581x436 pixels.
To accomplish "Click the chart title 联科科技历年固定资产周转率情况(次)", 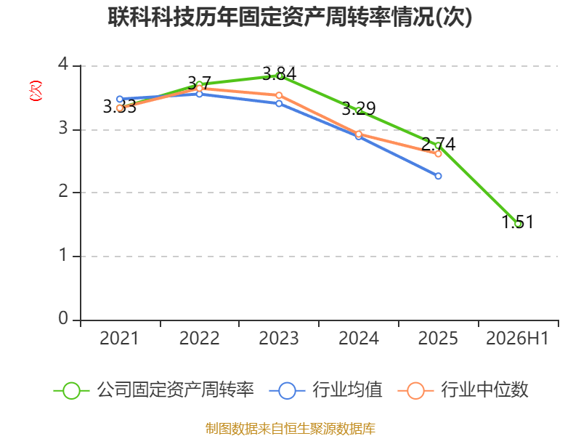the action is point(290,17).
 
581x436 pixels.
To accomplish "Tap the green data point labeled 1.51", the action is point(519,224).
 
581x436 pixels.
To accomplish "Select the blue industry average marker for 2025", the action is point(439,176).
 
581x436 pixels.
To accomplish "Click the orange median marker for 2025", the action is point(439,153).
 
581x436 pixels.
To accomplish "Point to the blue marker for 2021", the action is point(120,99).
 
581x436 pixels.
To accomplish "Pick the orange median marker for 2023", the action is point(279,95).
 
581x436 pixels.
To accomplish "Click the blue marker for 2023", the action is point(279,103).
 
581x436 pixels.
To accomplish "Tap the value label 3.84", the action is point(280,73).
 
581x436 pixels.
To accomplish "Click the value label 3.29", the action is point(359,108).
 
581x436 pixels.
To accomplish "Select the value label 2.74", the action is point(439,144).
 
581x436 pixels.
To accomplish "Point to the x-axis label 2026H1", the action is point(517,338).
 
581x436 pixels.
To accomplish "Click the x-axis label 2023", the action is point(279,338).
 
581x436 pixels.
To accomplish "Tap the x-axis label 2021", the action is point(119,338).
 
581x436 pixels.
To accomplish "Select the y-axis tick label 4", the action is point(63,65).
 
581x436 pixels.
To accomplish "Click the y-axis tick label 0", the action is point(63,318).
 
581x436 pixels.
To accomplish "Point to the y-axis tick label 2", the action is point(63,191).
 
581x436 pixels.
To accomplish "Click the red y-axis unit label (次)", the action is point(36,91).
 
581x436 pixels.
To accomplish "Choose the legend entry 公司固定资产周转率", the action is point(154,390).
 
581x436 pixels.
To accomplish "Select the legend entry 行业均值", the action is point(325,390).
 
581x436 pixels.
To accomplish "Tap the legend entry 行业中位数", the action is point(463,390).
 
